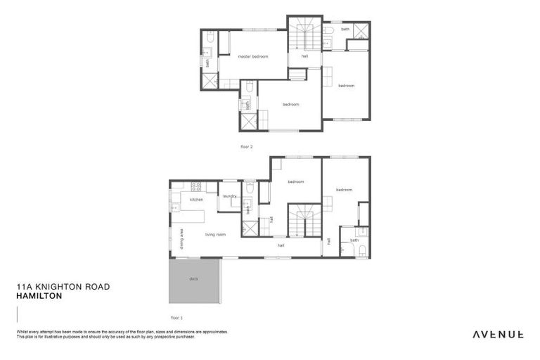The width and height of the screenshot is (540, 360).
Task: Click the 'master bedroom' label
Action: pyautogui.click(x=252, y=56)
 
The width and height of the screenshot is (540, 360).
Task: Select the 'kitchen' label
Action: pyautogui.click(x=196, y=200)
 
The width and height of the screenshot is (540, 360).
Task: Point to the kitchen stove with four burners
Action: pyautogui.click(x=196, y=186)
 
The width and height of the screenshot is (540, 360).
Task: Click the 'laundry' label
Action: pyautogui.click(x=230, y=195)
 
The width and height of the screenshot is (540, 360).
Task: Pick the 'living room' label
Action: pyautogui.click(x=215, y=234)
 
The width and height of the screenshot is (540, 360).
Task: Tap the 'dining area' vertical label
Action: pyautogui.click(x=181, y=239)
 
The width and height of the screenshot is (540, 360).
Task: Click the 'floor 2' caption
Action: pyautogui.click(x=246, y=146)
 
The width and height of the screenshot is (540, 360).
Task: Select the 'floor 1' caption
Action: pyautogui.click(x=176, y=317)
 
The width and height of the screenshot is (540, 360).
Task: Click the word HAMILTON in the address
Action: pyautogui.click(x=39, y=297)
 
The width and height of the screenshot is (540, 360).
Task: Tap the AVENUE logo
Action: pyautogui.click(x=497, y=334)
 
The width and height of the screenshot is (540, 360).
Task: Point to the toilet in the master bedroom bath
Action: pyautogui.click(x=210, y=39)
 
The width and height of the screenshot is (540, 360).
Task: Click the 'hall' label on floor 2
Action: pyautogui.click(x=304, y=56)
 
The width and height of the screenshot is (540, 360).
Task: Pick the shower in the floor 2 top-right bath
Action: pyautogui.click(x=361, y=30)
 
